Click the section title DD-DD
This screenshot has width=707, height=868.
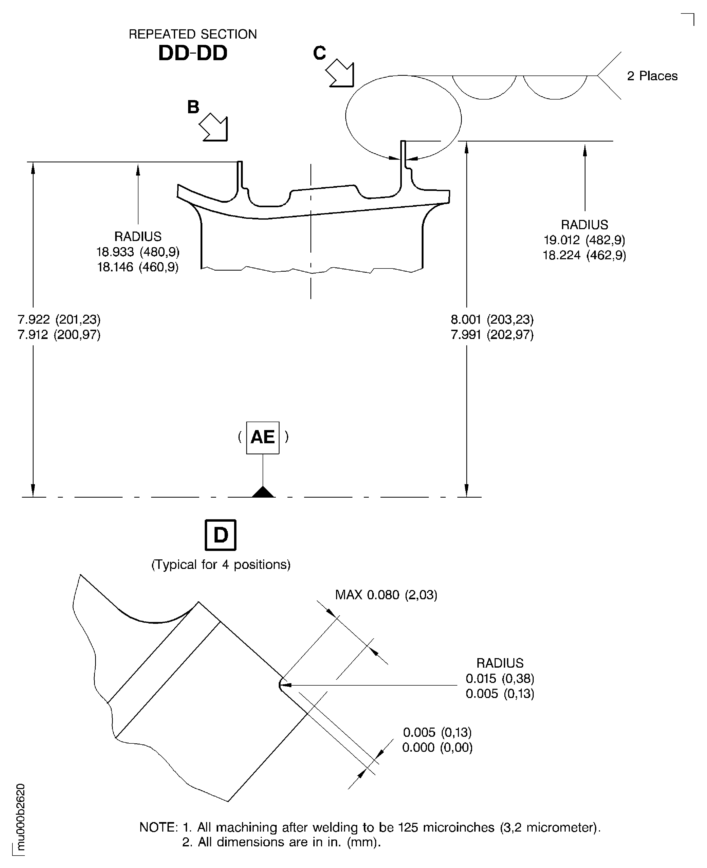[193, 53]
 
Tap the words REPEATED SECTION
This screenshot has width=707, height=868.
[193, 34]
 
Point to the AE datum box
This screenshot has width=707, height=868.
[263, 437]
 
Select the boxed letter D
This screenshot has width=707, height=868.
[220, 535]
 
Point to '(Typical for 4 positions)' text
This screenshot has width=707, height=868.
[221, 564]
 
